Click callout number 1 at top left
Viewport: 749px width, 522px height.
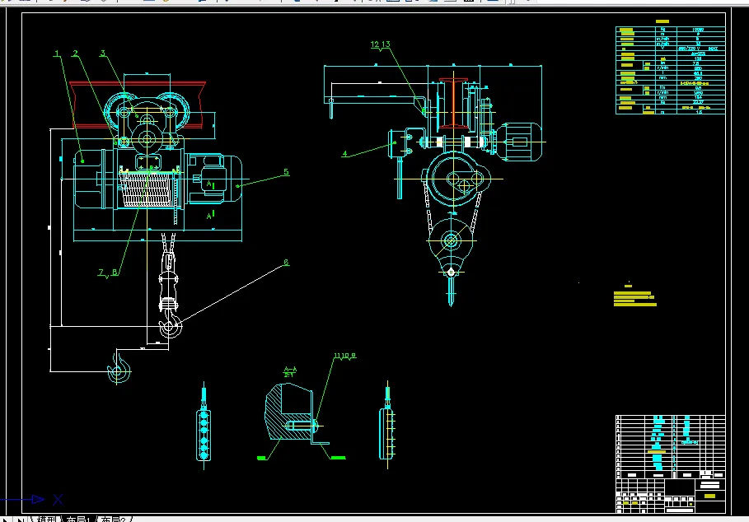click(57, 54)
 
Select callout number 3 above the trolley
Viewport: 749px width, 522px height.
click(103, 54)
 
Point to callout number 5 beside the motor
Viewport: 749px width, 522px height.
click(286, 172)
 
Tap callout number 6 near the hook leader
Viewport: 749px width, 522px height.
click(286, 263)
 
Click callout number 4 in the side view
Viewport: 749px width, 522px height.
click(344, 153)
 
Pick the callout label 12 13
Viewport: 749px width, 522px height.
click(380, 44)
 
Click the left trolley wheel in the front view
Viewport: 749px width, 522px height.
click(124, 111)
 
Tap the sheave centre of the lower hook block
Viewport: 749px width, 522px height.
click(450, 241)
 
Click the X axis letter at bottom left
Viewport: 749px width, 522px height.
click(58, 499)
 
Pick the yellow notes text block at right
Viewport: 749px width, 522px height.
click(634, 297)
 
